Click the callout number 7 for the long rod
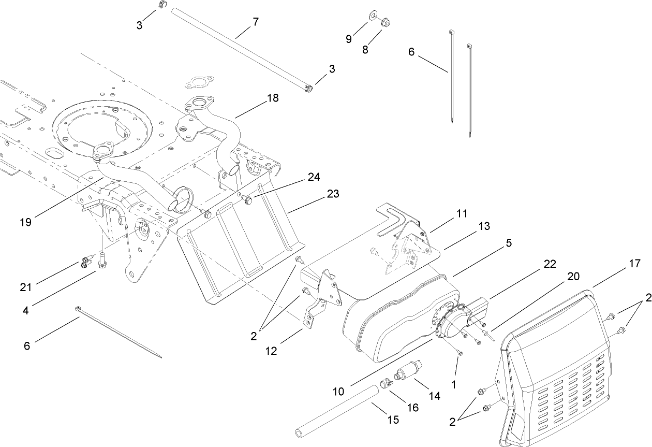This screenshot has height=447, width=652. click(255, 22)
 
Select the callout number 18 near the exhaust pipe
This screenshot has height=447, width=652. click(272, 98)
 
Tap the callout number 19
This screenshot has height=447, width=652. click(26, 222)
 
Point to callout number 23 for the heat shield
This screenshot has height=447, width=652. click(332, 194)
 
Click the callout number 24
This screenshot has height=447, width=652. click(314, 177)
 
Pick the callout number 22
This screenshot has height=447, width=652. click(550, 264)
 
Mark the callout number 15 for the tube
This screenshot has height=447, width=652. click(393, 420)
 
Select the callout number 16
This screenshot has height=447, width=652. click(412, 407)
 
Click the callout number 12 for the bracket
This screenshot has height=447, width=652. click(271, 351)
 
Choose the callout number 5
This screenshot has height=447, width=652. click(509, 243)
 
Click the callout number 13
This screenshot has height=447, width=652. click(483, 226)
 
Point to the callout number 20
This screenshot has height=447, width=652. click(573, 277)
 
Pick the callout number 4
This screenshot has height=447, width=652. click(25, 297)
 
